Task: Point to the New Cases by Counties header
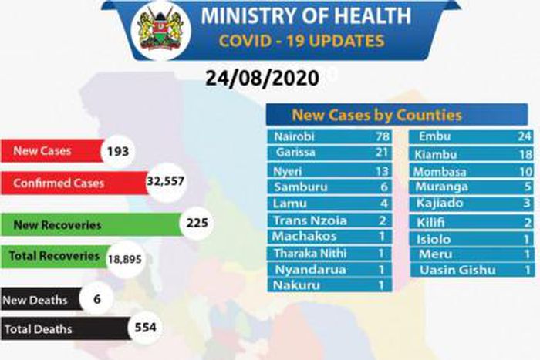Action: pyautogui.click(x=376, y=115)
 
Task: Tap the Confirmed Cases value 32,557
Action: pyautogui.click(x=166, y=183)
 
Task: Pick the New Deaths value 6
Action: pyautogui.click(x=96, y=299)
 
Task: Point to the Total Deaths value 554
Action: pyautogui.click(x=144, y=328)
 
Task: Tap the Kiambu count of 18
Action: pyautogui.click(x=525, y=155)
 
